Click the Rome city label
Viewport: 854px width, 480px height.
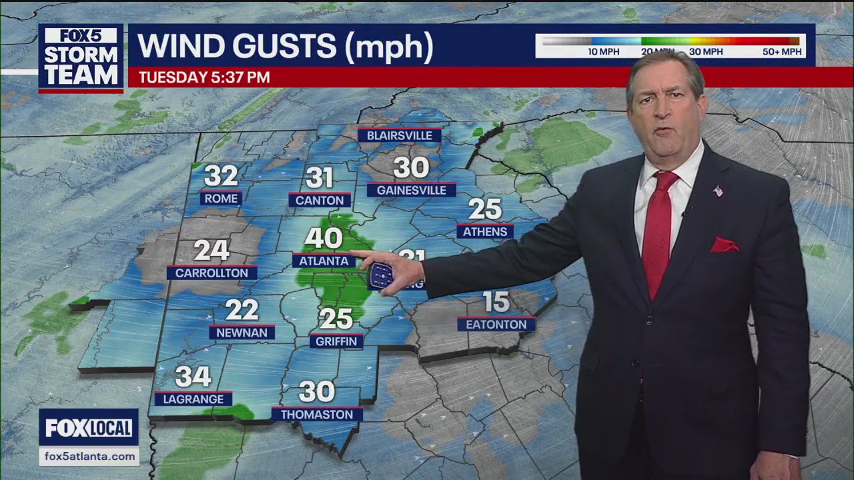click(221, 199)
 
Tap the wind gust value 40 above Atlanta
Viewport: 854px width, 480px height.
click(324, 238)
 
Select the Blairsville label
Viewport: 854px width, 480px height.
click(400, 135)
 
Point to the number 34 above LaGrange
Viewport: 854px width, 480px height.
click(193, 377)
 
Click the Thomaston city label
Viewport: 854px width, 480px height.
click(317, 414)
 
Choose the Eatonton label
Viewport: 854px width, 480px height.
click(496, 325)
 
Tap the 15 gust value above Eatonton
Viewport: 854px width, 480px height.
click(496, 302)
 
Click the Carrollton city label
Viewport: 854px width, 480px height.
click(211, 273)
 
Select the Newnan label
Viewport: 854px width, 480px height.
click(242, 332)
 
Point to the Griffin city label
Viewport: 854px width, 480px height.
click(337, 341)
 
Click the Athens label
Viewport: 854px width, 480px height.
click(485, 231)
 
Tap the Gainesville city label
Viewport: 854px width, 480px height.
click(411, 190)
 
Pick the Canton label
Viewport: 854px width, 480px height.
click(320, 200)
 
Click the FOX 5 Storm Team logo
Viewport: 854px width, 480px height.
click(81, 58)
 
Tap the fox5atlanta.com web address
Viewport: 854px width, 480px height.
click(89, 456)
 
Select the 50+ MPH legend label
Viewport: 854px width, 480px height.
click(781, 51)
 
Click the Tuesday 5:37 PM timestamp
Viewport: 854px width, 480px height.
click(204, 77)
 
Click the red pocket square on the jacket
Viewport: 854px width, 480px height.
click(724, 245)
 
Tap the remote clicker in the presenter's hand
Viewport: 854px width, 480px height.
click(382, 275)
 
